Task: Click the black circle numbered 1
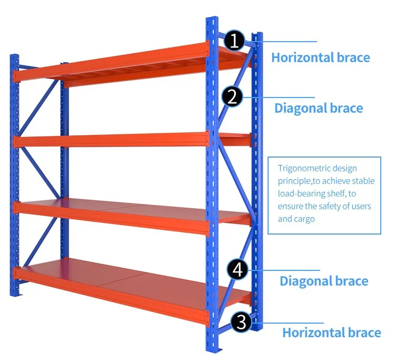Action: point(234,41)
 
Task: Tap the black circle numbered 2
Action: point(232,97)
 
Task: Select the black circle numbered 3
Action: point(241,322)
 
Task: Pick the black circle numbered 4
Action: point(238,270)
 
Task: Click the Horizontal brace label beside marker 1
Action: point(320,57)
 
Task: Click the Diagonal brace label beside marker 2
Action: point(318,109)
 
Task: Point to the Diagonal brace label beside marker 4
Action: point(323,280)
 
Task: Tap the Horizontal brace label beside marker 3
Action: point(331,333)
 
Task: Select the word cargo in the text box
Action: point(304,219)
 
